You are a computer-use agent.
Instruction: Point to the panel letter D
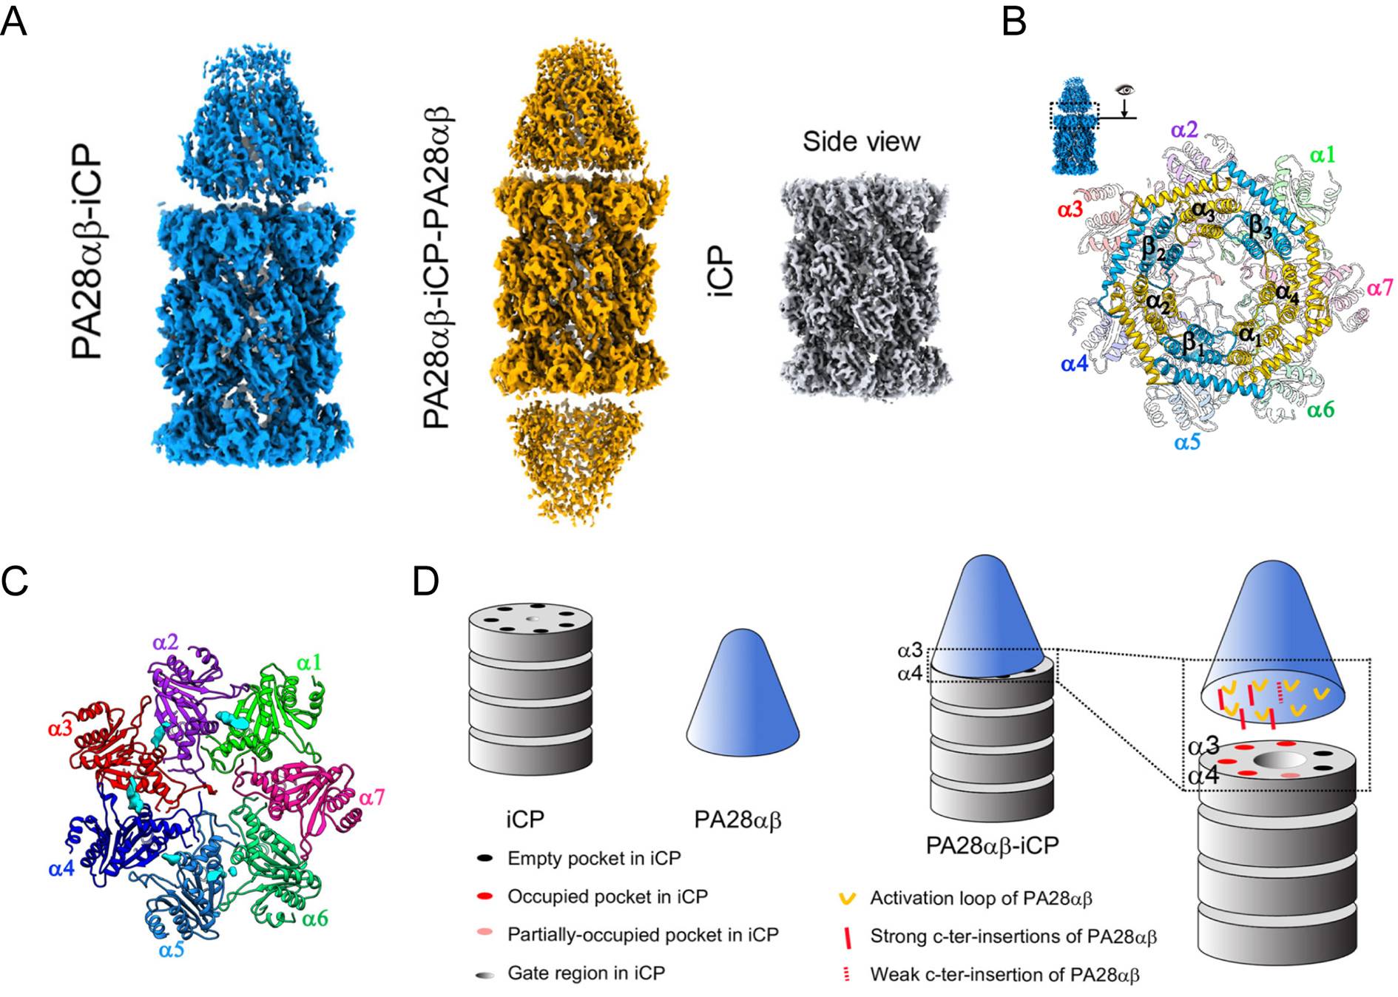click(x=425, y=581)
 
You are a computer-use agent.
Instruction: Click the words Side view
click(x=861, y=141)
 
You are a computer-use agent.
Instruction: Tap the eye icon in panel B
click(x=1125, y=90)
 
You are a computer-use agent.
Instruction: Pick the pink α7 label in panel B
click(x=1380, y=287)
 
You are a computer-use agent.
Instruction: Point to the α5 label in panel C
click(x=171, y=949)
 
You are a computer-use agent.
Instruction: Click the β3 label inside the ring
click(x=1260, y=225)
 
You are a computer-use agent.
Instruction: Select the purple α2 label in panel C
click(x=166, y=642)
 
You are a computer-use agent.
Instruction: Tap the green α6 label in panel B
click(x=1320, y=409)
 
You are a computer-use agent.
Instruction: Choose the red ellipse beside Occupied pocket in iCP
click(x=485, y=896)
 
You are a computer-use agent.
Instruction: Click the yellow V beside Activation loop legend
click(x=847, y=899)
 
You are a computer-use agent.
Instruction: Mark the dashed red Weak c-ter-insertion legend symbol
click(x=847, y=974)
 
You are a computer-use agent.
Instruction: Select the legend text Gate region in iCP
click(x=586, y=973)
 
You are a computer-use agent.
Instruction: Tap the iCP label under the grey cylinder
click(x=525, y=819)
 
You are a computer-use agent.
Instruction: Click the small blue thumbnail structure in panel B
click(x=1073, y=126)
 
